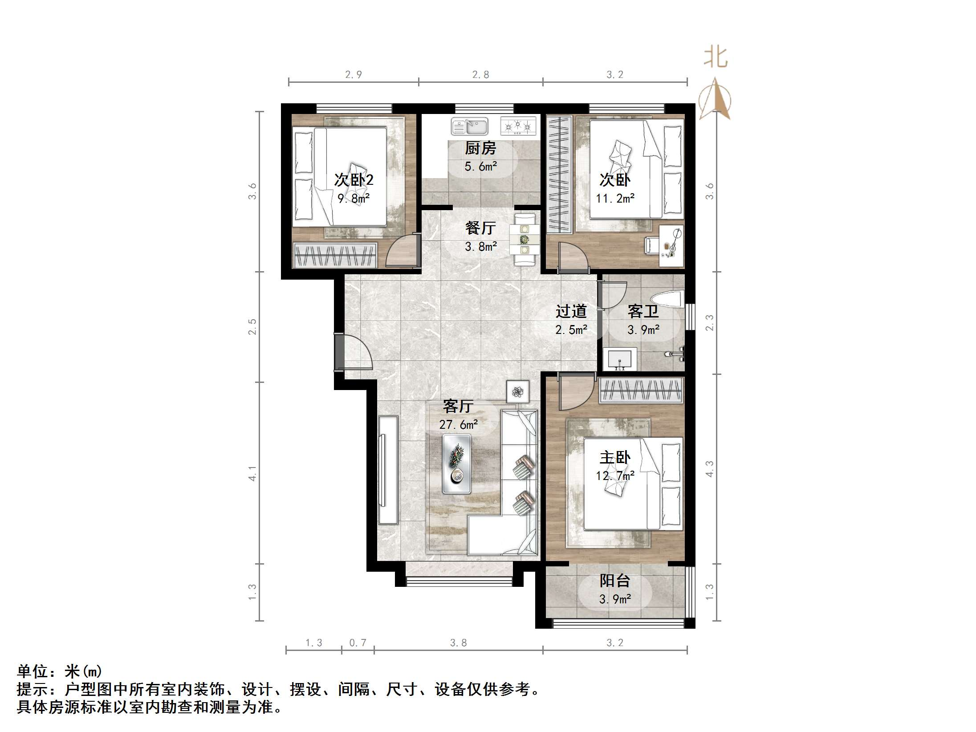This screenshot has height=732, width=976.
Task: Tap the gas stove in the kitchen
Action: pyautogui.click(x=517, y=126)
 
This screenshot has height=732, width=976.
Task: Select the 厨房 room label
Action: pyautogui.click(x=480, y=148)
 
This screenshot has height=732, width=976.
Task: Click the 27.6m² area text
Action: pyautogui.click(x=458, y=425)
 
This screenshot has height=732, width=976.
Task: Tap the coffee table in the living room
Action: pyautogui.click(x=456, y=464)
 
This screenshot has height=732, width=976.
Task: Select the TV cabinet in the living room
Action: pyautogui.click(x=388, y=470)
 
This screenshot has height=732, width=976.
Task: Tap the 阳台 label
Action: pyautogui.click(x=614, y=581)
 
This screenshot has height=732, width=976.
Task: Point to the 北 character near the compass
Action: pyautogui.click(x=716, y=57)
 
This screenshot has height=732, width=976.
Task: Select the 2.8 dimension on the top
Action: pyautogui.click(x=480, y=75)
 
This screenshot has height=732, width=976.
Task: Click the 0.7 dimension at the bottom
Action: pyautogui.click(x=358, y=643)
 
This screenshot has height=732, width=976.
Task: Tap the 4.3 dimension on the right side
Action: pyautogui.click(x=710, y=469)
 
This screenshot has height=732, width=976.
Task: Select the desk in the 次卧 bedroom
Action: pyautogui.click(x=671, y=246)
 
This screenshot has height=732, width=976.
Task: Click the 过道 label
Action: pyautogui.click(x=571, y=311)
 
